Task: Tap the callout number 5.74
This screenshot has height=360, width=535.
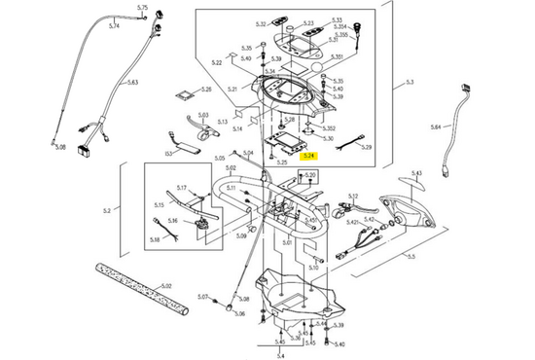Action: [x=114, y=26]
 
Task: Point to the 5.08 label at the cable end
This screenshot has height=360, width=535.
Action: [x=59, y=148]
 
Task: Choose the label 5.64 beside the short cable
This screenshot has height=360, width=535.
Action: [x=435, y=127]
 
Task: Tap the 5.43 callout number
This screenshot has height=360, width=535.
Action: [x=416, y=173]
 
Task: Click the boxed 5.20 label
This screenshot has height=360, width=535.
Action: [x=310, y=175]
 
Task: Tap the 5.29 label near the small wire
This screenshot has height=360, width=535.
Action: [x=366, y=147]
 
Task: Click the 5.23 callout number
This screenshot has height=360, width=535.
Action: [x=308, y=22]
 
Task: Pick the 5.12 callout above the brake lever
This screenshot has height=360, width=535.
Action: [x=352, y=196]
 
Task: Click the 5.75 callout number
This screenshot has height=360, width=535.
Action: [x=142, y=8]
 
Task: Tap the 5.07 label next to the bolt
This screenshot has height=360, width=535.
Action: [x=203, y=296]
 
